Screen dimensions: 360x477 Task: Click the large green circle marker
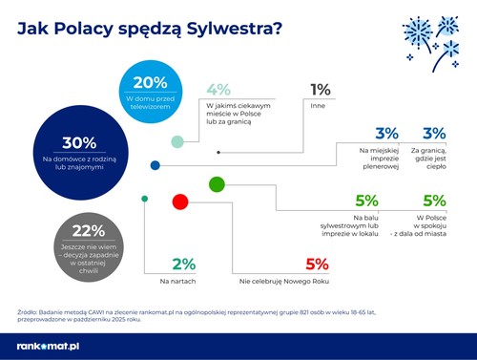point(216,183)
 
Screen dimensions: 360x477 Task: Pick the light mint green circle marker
point(177,142)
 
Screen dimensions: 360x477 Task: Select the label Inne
point(317,106)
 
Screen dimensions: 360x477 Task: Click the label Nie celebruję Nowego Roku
point(283,283)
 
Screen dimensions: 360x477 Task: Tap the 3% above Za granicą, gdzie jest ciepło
point(434,135)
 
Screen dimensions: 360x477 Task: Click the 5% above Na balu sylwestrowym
point(366,201)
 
